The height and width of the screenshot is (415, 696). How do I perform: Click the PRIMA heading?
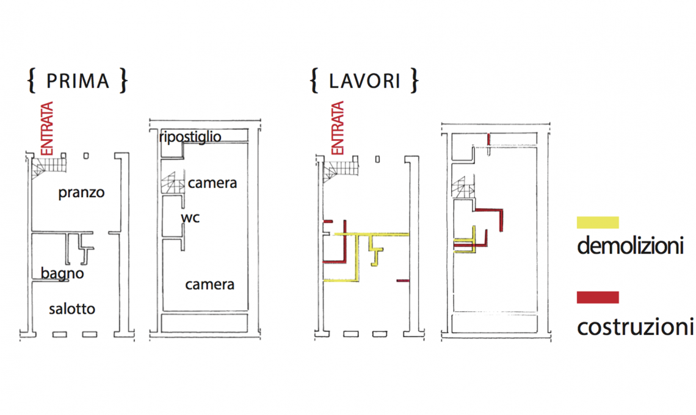[x=77, y=81]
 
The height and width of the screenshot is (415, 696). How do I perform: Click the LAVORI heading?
[x=364, y=81]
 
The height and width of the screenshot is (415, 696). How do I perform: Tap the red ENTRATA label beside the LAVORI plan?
[x=337, y=128]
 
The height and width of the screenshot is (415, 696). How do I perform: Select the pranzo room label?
[x=82, y=193]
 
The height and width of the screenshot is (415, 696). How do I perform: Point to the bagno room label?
[x=62, y=274]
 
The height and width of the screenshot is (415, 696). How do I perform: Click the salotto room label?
[x=72, y=309]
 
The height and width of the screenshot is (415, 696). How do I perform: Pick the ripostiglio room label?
[x=190, y=137]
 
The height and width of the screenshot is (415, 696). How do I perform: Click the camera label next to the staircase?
[x=212, y=183]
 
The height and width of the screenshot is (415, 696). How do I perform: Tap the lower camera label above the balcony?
[x=210, y=284]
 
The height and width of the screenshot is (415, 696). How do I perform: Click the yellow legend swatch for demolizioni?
[x=598, y=223]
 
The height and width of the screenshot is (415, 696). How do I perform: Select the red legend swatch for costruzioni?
[x=598, y=297]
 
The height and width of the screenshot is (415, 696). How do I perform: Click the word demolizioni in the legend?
[x=629, y=247]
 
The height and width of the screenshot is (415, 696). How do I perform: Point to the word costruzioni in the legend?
[x=635, y=327]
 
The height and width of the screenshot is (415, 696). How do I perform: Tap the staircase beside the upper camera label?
[x=173, y=183]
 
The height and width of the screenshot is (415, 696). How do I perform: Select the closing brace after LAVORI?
[x=415, y=81]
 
